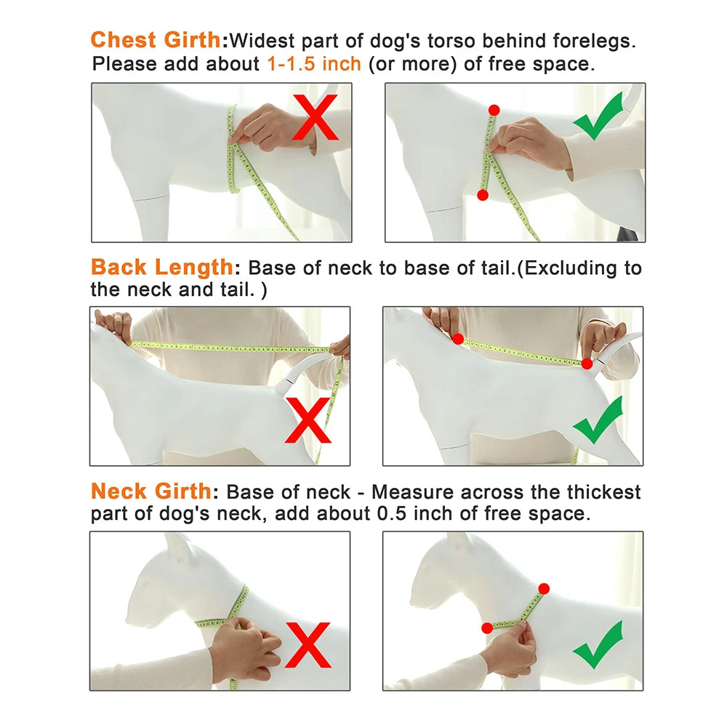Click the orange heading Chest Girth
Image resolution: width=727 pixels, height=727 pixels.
tap(156, 40)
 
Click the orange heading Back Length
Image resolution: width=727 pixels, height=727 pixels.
tap(162, 267)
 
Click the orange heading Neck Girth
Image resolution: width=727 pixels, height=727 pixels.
tap(151, 491)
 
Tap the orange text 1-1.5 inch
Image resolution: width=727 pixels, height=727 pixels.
tap(314, 63)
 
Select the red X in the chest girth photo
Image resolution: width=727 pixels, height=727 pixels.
tap(316, 117)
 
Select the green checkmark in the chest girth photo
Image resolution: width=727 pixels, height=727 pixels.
tap(598, 116)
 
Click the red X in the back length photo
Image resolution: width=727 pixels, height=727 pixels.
tap(308, 420)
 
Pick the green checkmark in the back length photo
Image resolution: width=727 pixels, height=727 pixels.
tap(598, 420)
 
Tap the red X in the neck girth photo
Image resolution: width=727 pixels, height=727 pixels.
tap(308, 645)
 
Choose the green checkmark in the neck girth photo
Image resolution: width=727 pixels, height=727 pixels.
tap(598, 645)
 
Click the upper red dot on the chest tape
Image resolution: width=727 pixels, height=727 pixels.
tap(494, 111)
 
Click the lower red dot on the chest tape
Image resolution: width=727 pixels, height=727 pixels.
tap(483, 195)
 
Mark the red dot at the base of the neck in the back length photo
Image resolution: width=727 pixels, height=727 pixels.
tap(458, 339)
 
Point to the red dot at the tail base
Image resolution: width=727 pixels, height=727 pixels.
tap(587, 363)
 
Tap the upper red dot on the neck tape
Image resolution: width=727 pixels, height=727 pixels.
tap(544, 589)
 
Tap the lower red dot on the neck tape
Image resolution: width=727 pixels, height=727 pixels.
tap(487, 628)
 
